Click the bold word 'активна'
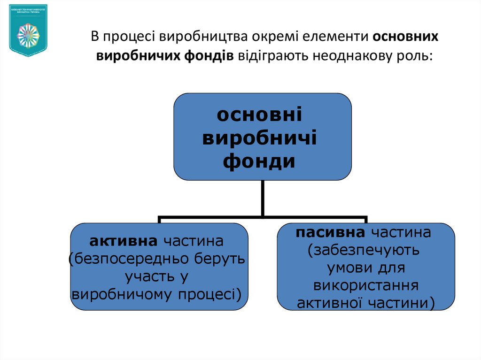coord(123,242)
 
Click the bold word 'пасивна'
coord(330,233)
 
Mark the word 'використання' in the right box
coord(365,286)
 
